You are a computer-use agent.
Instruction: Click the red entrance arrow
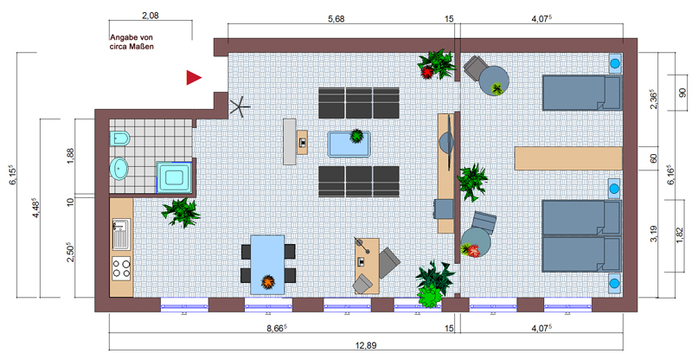[193, 77]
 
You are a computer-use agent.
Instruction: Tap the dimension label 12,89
[366, 345]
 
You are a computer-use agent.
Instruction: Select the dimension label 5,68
[336, 18]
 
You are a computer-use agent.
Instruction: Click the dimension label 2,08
[150, 16]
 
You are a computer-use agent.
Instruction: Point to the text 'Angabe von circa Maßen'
[131, 42]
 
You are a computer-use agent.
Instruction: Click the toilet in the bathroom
[119, 138]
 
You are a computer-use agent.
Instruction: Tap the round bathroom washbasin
[119, 169]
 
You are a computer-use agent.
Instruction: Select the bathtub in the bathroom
[175, 177]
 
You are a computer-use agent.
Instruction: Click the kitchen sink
[121, 235]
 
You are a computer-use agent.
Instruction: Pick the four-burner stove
[121, 268]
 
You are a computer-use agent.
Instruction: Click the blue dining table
[267, 264]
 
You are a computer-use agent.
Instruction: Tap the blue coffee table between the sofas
[349, 144]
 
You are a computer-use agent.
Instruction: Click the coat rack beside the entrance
[240, 107]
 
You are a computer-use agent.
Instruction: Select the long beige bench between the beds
[568, 158]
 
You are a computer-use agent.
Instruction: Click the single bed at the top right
[581, 93]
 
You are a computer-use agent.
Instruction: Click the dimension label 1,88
[71, 156]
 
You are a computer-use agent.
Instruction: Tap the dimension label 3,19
[654, 234]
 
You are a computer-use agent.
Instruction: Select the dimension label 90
[682, 93]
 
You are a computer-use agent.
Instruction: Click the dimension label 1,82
[680, 235]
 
